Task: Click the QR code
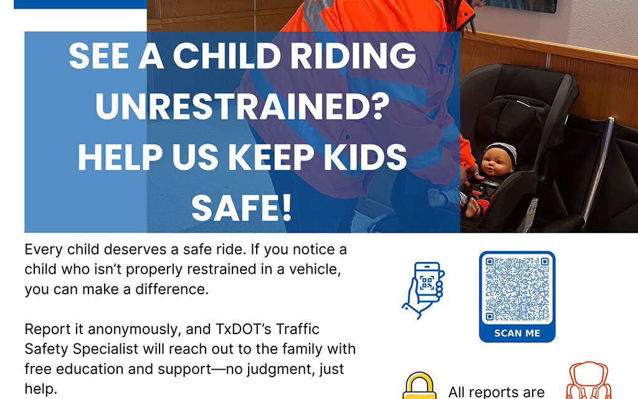click(x=517, y=289)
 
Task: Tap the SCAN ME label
click(x=517, y=333)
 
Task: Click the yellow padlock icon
click(x=419, y=387)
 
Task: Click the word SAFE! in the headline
click(x=242, y=208)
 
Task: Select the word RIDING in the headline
click(x=356, y=58)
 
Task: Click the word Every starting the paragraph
click(x=44, y=250)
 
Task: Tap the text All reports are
click(x=496, y=392)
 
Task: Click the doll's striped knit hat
click(x=503, y=150)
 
